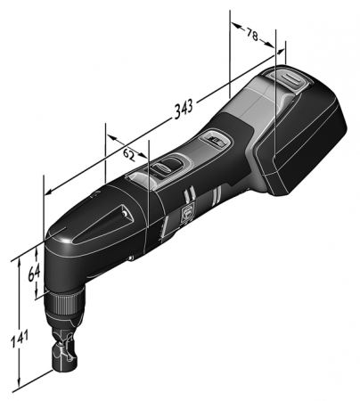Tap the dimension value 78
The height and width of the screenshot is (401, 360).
254,37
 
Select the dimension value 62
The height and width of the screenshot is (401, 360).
128,153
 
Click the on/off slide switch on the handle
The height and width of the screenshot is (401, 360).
165,167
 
